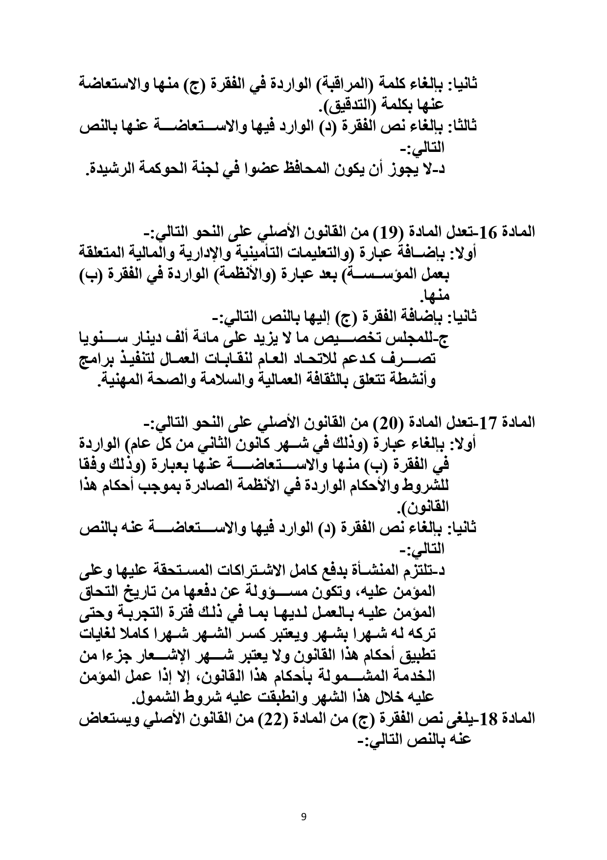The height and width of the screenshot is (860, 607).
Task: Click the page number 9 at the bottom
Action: [x=303, y=816]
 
